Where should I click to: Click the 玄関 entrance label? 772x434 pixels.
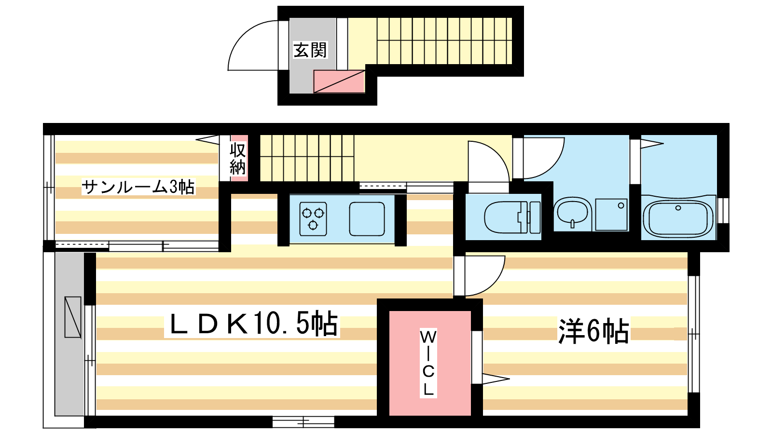click(x=310, y=50)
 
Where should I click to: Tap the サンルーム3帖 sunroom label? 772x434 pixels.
click(x=138, y=187)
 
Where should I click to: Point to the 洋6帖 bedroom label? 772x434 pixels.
click(x=593, y=331)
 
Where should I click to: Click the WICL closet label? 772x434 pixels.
click(x=428, y=363)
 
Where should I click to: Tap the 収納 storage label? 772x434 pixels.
click(x=238, y=159)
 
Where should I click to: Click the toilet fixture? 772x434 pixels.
click(x=512, y=217)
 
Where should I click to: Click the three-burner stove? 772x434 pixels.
click(x=313, y=219)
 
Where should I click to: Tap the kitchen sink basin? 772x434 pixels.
click(x=367, y=219)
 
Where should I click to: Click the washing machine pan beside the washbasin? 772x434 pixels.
click(x=611, y=214)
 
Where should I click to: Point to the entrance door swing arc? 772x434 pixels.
click(x=253, y=45)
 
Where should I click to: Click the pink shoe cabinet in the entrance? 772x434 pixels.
click(x=339, y=81)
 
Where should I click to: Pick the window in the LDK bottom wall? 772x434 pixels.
click(x=303, y=421)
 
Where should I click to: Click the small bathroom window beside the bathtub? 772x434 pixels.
click(x=723, y=211)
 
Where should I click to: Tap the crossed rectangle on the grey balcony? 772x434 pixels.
click(x=73, y=317)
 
